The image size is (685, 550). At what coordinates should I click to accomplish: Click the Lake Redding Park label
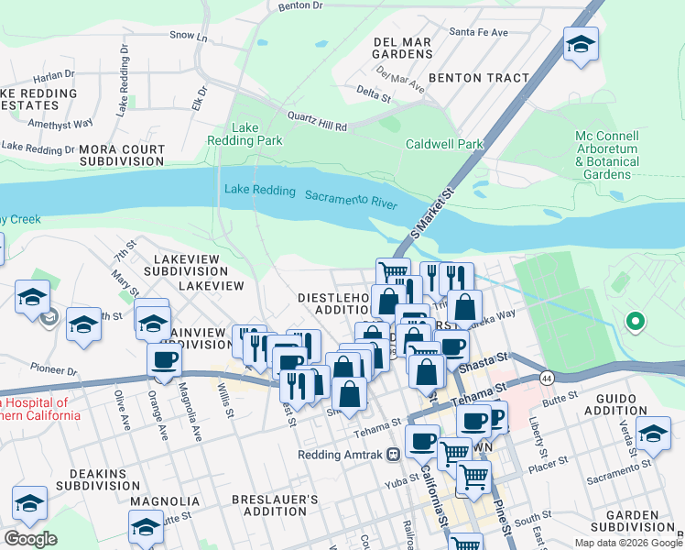[257, 134]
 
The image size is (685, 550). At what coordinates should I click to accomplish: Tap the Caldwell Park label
[443, 144]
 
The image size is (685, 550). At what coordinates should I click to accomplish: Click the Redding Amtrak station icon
[393, 454]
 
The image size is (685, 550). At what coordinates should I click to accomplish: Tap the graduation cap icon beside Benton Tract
[581, 45]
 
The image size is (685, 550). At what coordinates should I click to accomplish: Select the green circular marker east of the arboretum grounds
[634, 321]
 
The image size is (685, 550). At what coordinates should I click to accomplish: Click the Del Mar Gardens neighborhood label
[403, 48]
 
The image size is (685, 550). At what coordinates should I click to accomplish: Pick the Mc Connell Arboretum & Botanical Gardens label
[607, 154]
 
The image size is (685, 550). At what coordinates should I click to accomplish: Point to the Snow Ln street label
[189, 35]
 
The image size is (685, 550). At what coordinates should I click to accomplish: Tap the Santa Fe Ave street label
[478, 32]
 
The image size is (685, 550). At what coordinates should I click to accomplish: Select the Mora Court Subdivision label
[122, 154]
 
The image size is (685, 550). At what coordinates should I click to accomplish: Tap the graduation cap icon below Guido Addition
[653, 432]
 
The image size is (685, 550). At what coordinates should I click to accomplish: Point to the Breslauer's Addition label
[275, 506]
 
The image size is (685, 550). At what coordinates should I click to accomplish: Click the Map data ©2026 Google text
[627, 543]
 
